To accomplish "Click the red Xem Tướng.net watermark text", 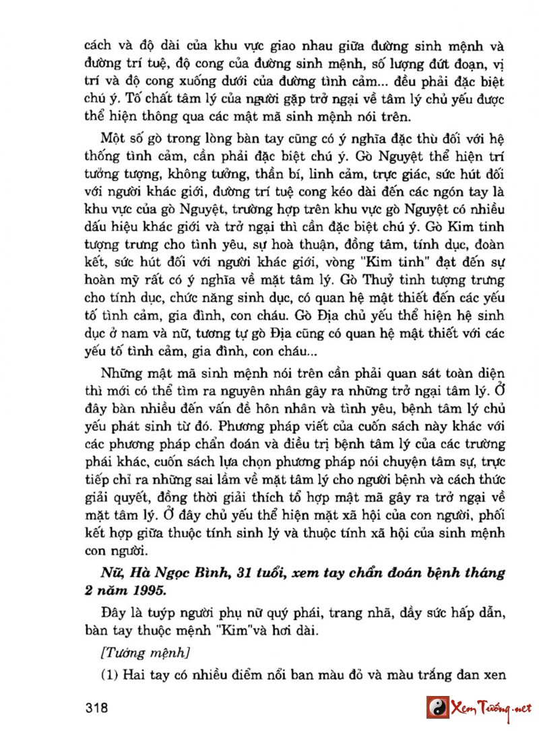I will click(x=491, y=708).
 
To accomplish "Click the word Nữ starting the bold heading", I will click(x=108, y=574).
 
